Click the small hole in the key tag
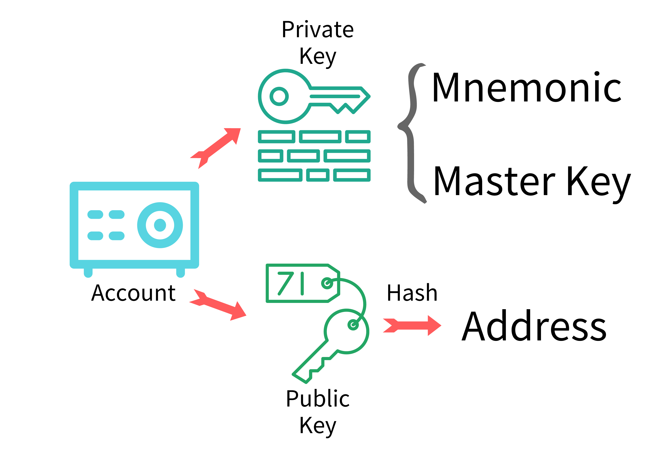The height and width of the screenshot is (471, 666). (x=327, y=283)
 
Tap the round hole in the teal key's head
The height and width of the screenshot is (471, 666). (x=279, y=96)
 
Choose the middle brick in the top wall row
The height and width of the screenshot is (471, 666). (x=320, y=137)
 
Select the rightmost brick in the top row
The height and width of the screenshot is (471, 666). (x=358, y=137)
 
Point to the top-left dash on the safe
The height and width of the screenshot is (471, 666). (x=95, y=214)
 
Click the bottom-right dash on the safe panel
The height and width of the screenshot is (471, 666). (x=117, y=236)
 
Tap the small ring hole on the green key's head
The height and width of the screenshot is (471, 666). (x=353, y=325)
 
